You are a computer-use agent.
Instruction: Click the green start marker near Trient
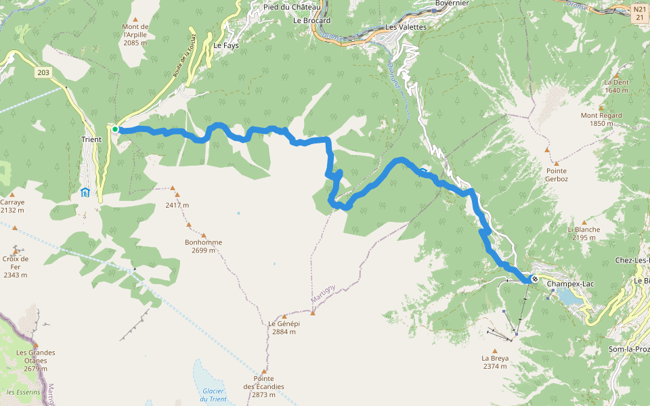tap(115, 129)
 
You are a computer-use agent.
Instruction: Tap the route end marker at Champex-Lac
tap(535, 279)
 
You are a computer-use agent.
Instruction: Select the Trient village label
tap(91, 140)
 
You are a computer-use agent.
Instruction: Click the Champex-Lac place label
tap(569, 284)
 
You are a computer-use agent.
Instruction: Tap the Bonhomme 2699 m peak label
tap(203, 246)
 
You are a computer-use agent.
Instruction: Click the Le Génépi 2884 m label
tap(284, 328)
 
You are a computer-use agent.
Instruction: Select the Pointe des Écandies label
tap(264, 382)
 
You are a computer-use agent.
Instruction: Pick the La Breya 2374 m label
tap(495, 362)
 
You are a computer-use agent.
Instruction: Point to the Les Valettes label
tap(406, 27)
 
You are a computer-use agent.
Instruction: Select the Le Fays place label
tap(227, 45)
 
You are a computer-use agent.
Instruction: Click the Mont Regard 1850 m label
tap(601, 119)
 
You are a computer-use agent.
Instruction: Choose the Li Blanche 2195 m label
tap(584, 233)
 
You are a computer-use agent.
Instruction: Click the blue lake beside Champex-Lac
tap(567, 297)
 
